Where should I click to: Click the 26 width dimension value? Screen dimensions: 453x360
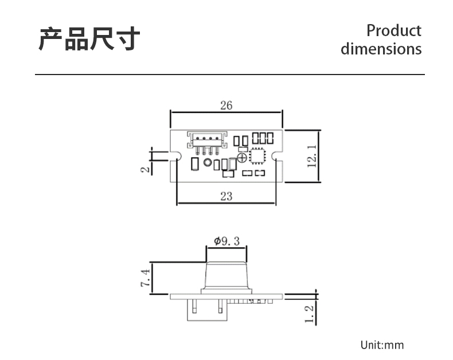tap(226, 105)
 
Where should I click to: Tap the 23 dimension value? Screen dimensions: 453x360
tap(226, 197)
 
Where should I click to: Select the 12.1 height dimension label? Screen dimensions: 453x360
tap(312, 156)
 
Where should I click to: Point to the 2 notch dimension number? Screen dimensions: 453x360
tap(146, 169)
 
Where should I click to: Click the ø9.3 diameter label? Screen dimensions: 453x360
tap(227, 241)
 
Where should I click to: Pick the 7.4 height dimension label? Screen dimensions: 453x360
tap(146, 278)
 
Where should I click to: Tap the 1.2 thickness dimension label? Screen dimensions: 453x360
tap(309, 314)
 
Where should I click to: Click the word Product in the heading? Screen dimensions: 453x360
tap(394, 30)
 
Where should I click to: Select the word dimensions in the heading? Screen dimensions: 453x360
tap(381, 49)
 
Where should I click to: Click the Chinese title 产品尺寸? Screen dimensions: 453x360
tap(89, 39)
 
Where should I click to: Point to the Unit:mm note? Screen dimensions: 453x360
tap(382, 345)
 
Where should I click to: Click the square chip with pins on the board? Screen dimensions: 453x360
tap(257, 156)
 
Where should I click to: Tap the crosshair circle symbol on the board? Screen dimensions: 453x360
tap(242, 158)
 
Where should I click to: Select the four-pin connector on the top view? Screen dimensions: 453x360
tap(207, 143)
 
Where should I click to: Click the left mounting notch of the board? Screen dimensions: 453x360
tap(176, 155)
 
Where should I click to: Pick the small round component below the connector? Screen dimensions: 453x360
tap(208, 162)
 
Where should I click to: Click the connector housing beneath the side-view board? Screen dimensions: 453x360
tap(207, 310)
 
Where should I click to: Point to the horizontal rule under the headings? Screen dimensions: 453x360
tap(230, 75)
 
